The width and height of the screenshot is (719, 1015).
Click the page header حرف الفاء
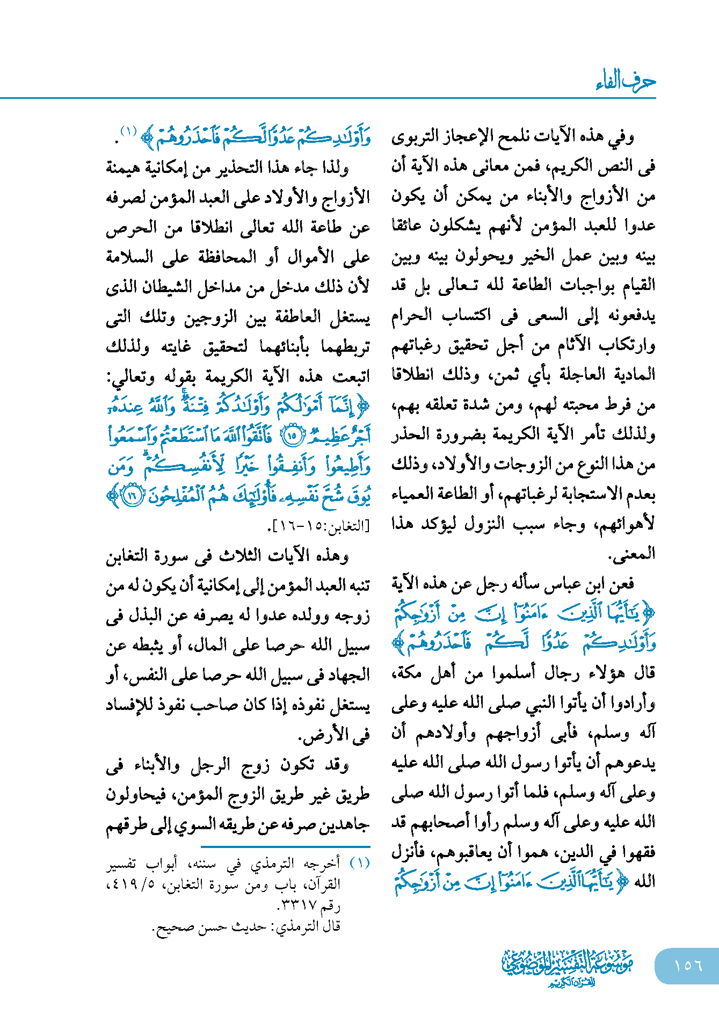click(x=626, y=81)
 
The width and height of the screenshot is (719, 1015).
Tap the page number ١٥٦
click(x=688, y=965)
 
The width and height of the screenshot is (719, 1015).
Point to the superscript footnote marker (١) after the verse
click(x=129, y=130)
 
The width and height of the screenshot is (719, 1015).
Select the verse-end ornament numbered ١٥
click(x=292, y=435)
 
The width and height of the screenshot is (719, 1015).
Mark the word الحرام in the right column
click(x=412, y=316)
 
